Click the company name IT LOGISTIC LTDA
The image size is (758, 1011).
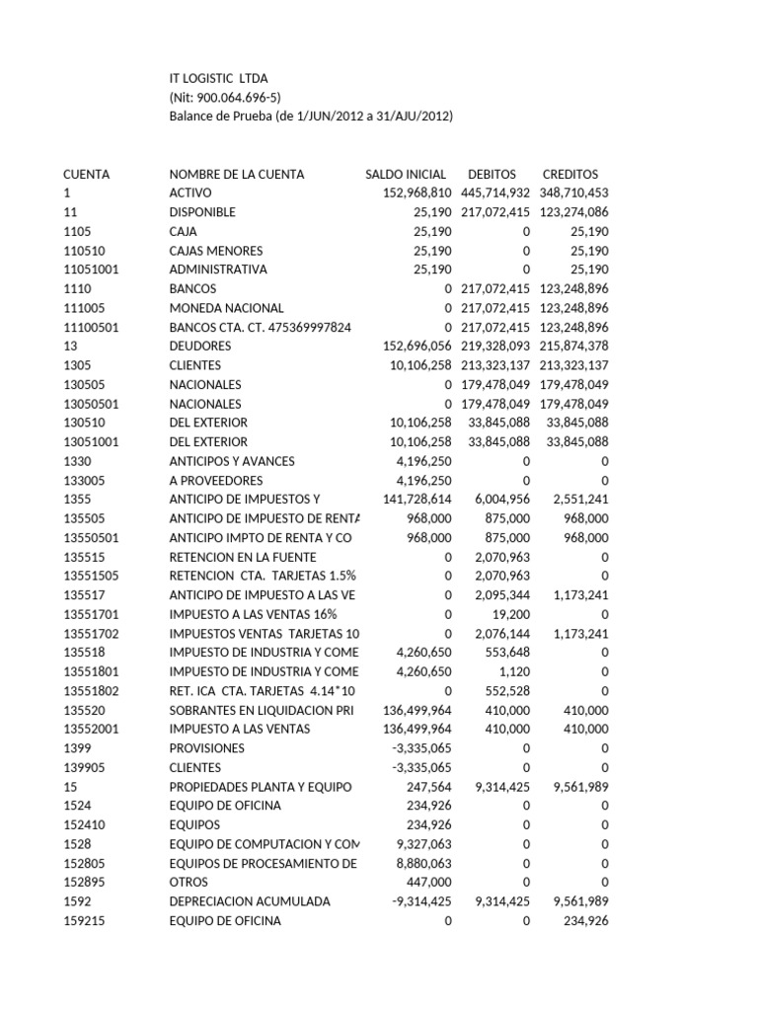(x=218, y=78)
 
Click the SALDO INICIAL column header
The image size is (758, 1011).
(x=405, y=174)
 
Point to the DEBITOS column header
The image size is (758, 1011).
(x=492, y=174)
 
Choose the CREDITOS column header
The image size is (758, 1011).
(x=570, y=174)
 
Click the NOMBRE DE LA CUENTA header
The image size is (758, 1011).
(x=237, y=174)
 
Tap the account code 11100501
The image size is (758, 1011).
(x=91, y=327)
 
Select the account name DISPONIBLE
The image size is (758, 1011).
(x=202, y=212)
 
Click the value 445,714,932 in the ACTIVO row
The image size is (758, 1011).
(x=495, y=193)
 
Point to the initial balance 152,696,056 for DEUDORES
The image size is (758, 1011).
(x=417, y=346)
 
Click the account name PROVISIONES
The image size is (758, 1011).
(x=207, y=748)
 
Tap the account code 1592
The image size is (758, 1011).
(x=76, y=901)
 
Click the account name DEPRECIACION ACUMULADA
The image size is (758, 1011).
(x=249, y=901)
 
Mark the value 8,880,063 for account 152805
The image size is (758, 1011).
(x=423, y=863)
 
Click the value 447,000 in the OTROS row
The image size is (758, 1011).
(x=429, y=882)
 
